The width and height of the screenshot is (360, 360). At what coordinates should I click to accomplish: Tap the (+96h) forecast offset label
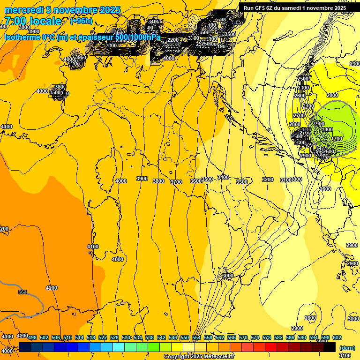[81, 21]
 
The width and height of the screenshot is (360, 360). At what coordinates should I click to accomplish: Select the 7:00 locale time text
[33, 21]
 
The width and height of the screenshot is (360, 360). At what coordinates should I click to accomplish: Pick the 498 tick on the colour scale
[32, 338]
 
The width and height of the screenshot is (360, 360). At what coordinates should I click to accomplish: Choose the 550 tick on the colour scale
[184, 338]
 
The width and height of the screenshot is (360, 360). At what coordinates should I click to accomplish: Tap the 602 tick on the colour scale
[336, 338]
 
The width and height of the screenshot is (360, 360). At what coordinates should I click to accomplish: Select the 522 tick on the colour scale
[103, 338]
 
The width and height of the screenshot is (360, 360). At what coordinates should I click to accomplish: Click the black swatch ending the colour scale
[330, 347]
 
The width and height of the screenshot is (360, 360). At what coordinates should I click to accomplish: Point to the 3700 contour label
[176, 182]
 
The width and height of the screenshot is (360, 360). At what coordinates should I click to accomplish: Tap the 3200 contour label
[267, 180]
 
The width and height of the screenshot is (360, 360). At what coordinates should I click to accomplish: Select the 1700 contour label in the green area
[337, 139]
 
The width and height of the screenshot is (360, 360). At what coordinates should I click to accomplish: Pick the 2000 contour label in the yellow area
[332, 95]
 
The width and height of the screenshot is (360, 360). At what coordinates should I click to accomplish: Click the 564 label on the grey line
[22, 292]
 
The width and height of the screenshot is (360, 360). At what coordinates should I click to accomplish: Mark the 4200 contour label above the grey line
[51, 288]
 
